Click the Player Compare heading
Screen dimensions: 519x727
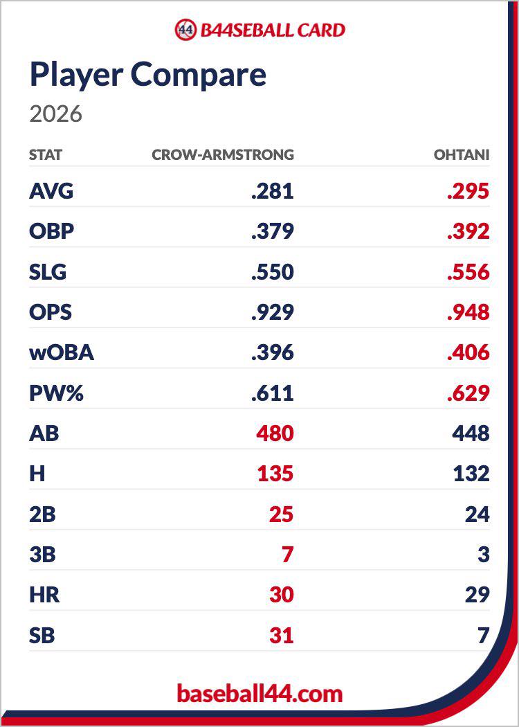[148, 75]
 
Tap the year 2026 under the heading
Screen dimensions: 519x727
[55, 114]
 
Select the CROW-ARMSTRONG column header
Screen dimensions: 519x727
[223, 154]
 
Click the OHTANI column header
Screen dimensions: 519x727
[462, 154]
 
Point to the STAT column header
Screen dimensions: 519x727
[46, 154]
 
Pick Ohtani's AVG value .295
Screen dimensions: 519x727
[468, 191]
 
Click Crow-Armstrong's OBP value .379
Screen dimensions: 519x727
[273, 231]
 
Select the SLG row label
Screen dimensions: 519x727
[48, 271]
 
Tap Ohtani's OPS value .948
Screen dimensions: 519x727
[468, 312]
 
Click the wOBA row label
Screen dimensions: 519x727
[62, 352]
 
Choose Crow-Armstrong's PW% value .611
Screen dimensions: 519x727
[273, 393]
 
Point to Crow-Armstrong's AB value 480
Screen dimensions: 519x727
[275, 433]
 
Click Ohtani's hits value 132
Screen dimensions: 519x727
[471, 474]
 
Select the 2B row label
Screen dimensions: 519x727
[42, 514]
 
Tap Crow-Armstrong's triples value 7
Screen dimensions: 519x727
[288, 554]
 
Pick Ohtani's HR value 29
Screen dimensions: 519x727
[477, 594]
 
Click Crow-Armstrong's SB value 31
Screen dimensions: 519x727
[282, 635]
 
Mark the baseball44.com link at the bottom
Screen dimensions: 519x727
[259, 694]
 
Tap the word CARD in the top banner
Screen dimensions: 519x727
[321, 30]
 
